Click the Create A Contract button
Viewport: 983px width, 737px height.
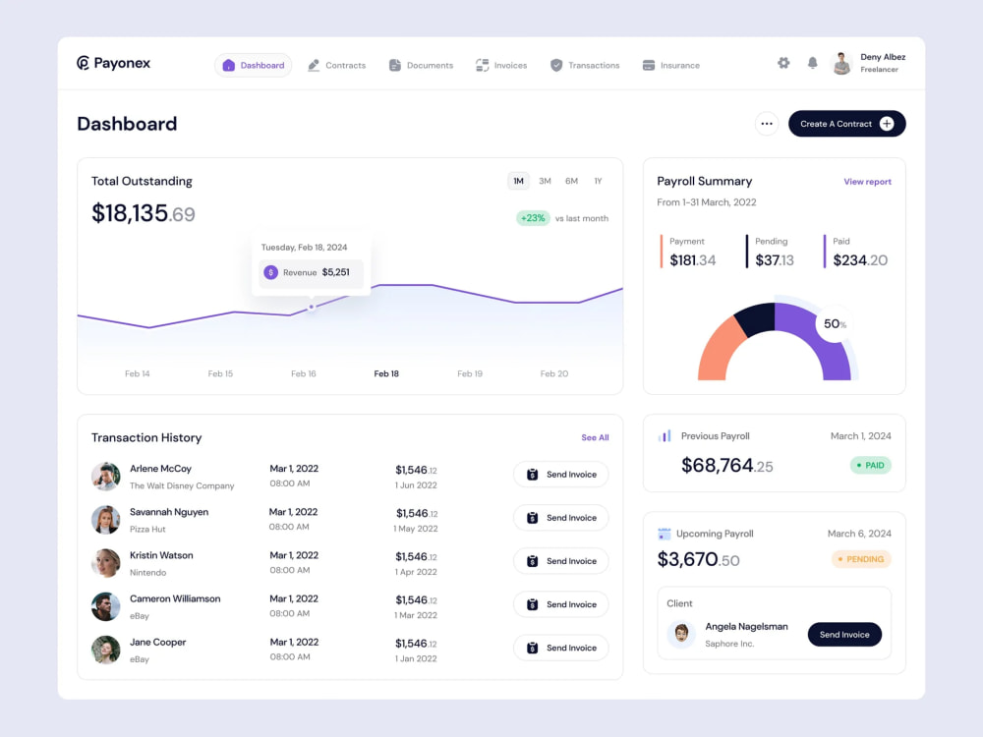[846, 124]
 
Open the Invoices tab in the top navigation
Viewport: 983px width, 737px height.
[501, 66]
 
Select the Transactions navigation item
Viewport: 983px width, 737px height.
[585, 66]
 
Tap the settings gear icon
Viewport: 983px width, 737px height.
[783, 63]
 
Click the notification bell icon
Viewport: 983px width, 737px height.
[812, 63]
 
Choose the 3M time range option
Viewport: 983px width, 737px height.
[545, 181]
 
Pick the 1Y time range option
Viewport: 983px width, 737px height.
[598, 181]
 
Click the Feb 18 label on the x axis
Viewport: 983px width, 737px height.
[386, 374]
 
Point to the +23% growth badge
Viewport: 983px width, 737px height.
[533, 218]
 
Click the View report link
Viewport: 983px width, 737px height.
[867, 182]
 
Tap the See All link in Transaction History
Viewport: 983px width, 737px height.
[595, 438]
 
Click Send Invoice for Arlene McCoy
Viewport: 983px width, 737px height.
[560, 475]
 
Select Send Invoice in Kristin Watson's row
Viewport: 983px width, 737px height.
[560, 561]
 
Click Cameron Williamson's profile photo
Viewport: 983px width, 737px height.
[106, 606]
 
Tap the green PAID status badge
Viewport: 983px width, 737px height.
[870, 466]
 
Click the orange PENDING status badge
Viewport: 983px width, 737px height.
[861, 559]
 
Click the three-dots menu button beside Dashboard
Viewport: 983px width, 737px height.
[767, 124]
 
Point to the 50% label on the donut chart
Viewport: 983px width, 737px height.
[835, 324]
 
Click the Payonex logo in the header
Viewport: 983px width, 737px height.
[114, 64]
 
